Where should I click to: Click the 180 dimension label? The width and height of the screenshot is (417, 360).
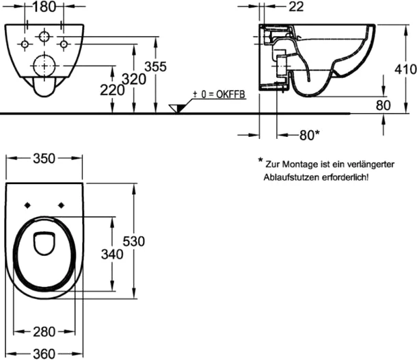click(x=44, y=7)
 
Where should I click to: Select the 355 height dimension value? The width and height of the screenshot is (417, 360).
click(x=156, y=66)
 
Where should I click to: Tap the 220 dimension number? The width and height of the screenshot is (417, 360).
click(x=112, y=90)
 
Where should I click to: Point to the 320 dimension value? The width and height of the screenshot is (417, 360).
click(x=134, y=79)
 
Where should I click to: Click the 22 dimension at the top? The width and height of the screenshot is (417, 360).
click(x=296, y=7)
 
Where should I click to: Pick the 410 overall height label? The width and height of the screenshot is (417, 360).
click(x=405, y=70)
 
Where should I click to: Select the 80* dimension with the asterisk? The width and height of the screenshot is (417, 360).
click(x=309, y=135)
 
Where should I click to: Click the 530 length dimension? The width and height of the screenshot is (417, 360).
click(x=134, y=241)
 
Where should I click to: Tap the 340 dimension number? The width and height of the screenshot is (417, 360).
click(x=112, y=255)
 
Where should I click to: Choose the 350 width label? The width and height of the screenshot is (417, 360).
click(x=44, y=158)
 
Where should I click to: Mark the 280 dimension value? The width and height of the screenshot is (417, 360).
click(x=44, y=332)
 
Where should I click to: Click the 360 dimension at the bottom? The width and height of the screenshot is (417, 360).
click(x=44, y=354)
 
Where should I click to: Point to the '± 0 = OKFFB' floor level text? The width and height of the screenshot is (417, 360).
click(x=219, y=94)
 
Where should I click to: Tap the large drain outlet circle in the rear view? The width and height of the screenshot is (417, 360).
click(x=44, y=66)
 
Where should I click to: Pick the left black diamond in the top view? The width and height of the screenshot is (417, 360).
click(x=27, y=205)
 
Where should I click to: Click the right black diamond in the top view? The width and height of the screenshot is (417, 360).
click(x=61, y=205)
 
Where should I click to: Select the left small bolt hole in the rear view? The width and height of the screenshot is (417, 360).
click(x=25, y=44)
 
